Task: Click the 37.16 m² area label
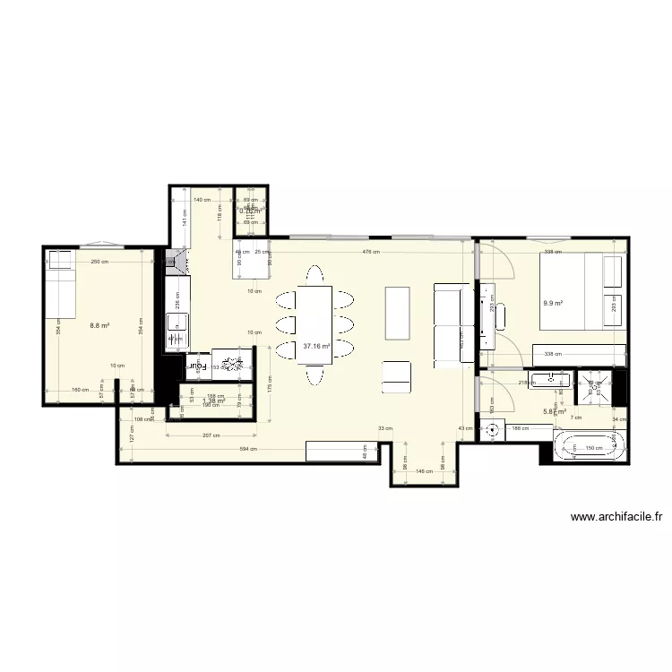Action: point(316,346)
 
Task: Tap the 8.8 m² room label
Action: point(99,326)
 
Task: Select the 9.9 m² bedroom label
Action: point(553,303)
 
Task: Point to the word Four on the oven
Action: point(196,366)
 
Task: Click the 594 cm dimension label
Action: point(249,449)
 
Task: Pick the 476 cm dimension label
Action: point(371,252)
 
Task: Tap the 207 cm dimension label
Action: point(211,435)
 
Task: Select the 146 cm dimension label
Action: point(426,470)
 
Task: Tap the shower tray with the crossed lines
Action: point(595,388)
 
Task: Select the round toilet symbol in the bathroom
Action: point(491,430)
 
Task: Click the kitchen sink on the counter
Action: point(177,325)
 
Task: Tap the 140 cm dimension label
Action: point(202,201)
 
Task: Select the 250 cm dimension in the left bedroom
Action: point(99,262)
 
